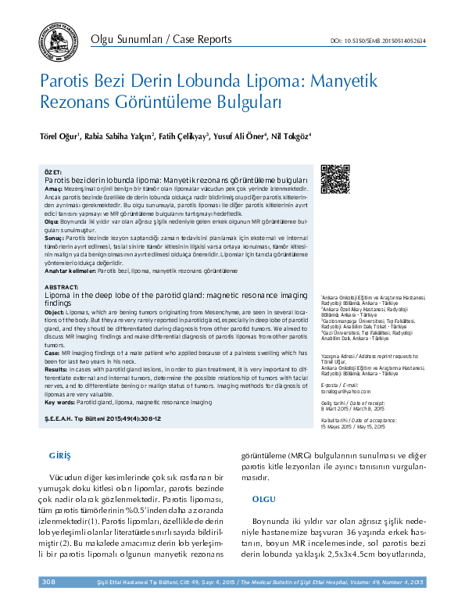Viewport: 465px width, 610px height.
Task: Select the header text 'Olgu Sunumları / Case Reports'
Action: coord(161,40)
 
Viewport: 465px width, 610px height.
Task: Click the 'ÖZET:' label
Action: coord(53,170)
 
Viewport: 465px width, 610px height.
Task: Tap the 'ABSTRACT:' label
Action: coord(61,288)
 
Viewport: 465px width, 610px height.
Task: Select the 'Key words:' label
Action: coord(59,380)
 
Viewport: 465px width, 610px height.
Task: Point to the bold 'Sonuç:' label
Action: coord(54,235)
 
